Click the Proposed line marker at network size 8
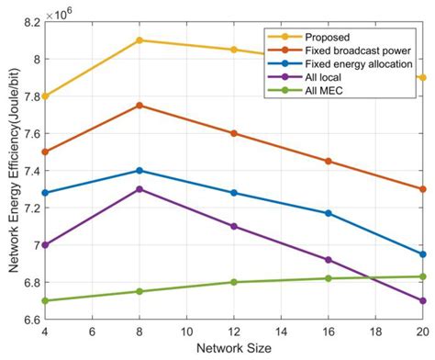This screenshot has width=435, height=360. pos(139,40)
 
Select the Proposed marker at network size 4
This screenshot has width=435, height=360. pos(45,96)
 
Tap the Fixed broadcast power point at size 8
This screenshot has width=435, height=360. pos(139,106)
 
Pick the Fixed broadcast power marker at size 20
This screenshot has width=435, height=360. pos(422,189)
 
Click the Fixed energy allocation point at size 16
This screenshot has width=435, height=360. pos(328,213)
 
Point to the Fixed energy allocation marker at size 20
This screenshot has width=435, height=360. pos(422,254)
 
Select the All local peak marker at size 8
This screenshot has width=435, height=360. pos(139,189)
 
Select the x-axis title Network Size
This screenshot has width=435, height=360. pos(233,349)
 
